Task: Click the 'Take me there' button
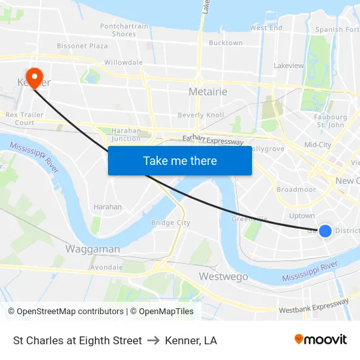click(179, 160)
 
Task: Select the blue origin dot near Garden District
click(325, 230)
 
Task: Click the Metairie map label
click(207, 92)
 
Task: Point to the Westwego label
click(223, 277)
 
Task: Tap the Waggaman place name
click(92, 249)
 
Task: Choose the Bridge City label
click(170, 223)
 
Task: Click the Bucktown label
click(226, 43)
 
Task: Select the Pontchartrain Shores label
click(124, 30)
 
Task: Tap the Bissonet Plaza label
click(82, 46)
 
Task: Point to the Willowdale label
click(123, 63)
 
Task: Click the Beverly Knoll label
click(200, 115)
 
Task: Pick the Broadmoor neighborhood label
click(296, 190)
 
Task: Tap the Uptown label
click(302, 215)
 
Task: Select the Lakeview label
click(289, 65)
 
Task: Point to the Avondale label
click(106, 267)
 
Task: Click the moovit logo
click(320, 340)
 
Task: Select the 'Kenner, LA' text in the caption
click(191, 340)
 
